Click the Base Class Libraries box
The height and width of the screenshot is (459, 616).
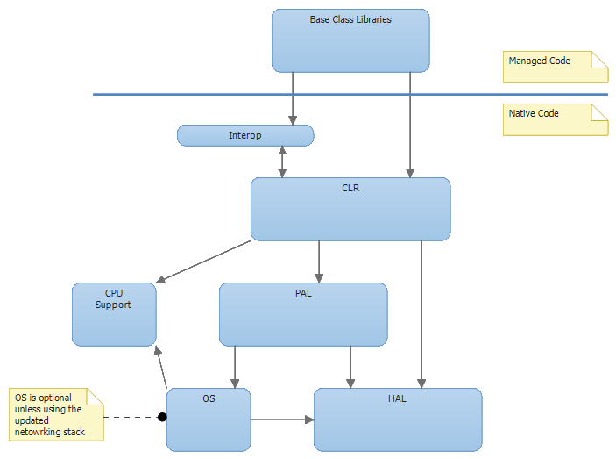350,40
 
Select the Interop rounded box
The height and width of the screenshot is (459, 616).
245,135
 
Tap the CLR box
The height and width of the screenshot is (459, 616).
350,209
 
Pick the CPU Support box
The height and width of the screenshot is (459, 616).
114,314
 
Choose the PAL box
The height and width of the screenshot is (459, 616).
303,314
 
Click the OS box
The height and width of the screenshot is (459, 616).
209,420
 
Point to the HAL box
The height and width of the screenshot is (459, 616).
398,420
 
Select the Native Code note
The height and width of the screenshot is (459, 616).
555,119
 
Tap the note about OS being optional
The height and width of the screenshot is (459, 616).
55,414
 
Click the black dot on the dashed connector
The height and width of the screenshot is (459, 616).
162,417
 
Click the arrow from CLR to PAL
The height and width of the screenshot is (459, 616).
319,262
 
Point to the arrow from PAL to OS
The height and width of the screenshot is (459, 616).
235,367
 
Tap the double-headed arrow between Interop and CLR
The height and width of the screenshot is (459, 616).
282,161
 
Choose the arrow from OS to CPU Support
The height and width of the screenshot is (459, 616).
160,367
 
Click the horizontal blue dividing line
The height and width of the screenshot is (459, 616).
350,94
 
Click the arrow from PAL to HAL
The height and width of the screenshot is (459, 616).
350,367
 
